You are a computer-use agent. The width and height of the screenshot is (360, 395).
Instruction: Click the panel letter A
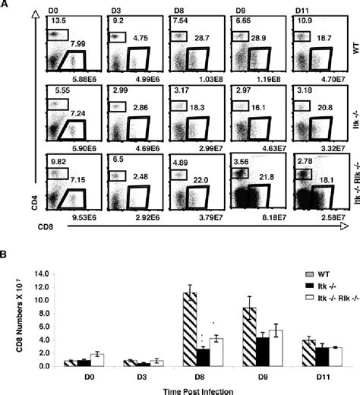[7, 5]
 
